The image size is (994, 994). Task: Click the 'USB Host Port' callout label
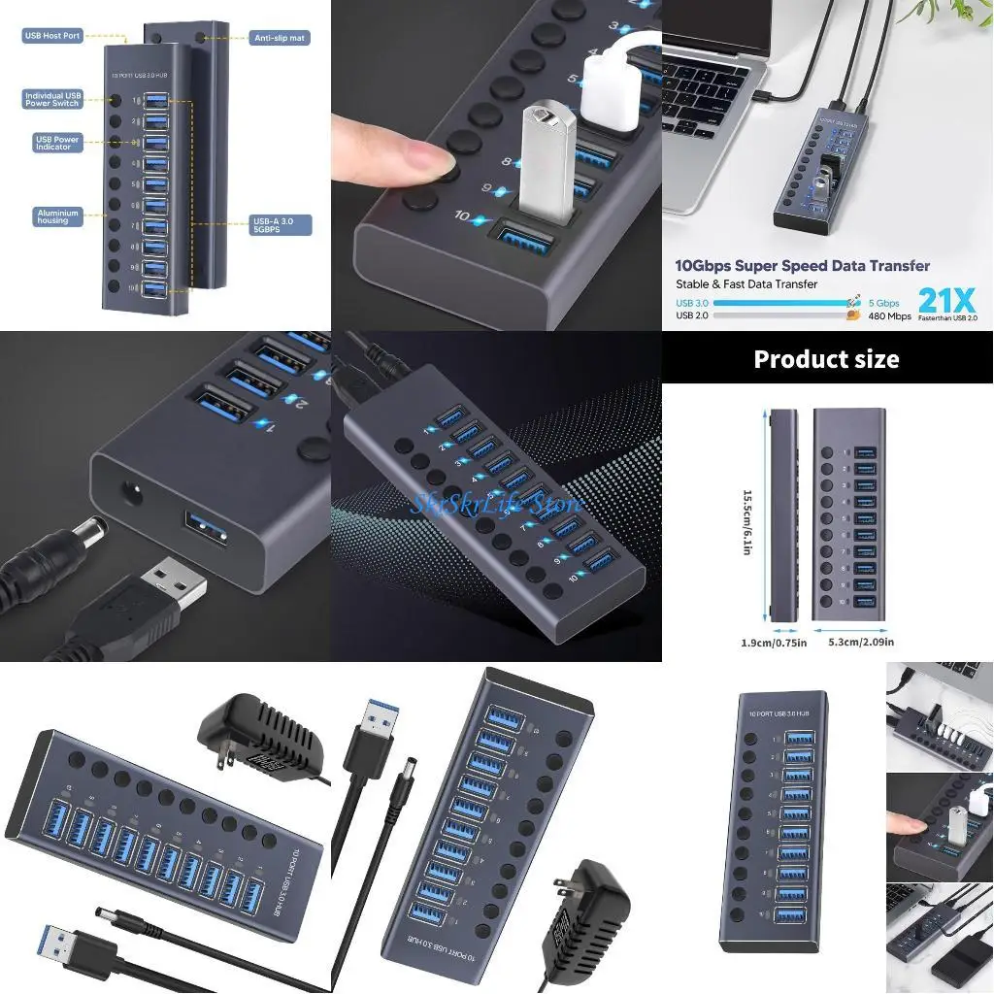tap(52, 36)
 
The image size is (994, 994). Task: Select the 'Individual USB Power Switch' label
tap(52, 100)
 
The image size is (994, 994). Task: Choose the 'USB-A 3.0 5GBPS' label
tap(281, 224)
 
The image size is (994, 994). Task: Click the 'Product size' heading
tap(826, 359)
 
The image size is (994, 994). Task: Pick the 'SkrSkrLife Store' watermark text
tap(496, 503)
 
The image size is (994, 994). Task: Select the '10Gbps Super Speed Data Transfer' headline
tap(803, 266)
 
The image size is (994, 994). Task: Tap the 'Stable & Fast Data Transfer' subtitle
tap(746, 284)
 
